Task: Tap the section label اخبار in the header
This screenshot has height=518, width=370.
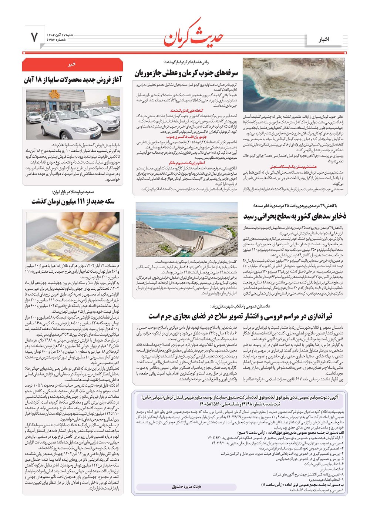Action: click(x=324, y=39)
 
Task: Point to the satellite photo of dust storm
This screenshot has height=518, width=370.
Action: click(x=295, y=84)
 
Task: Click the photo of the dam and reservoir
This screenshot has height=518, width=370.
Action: click(x=186, y=229)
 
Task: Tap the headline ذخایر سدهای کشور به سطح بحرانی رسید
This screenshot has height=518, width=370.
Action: click(x=295, y=216)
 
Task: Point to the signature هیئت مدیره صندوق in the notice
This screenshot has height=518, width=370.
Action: click(x=186, y=487)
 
